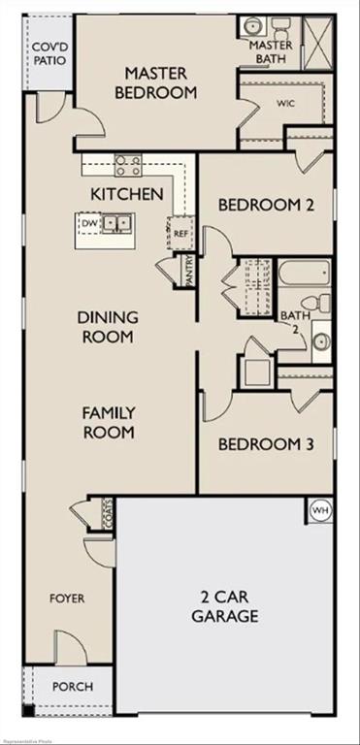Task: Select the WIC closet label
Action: [x=284, y=102]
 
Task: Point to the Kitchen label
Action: [x=126, y=194]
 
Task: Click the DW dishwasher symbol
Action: [x=90, y=223]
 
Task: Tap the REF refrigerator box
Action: [x=180, y=234]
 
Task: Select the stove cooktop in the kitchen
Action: [x=129, y=165]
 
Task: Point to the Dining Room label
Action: [x=107, y=327]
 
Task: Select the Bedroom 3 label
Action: [x=265, y=444]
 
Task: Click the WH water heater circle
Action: [x=320, y=509]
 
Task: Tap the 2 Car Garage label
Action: [x=224, y=606]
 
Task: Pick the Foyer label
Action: [x=67, y=599]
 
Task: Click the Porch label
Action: [x=73, y=687]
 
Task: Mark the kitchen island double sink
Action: [x=118, y=224]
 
